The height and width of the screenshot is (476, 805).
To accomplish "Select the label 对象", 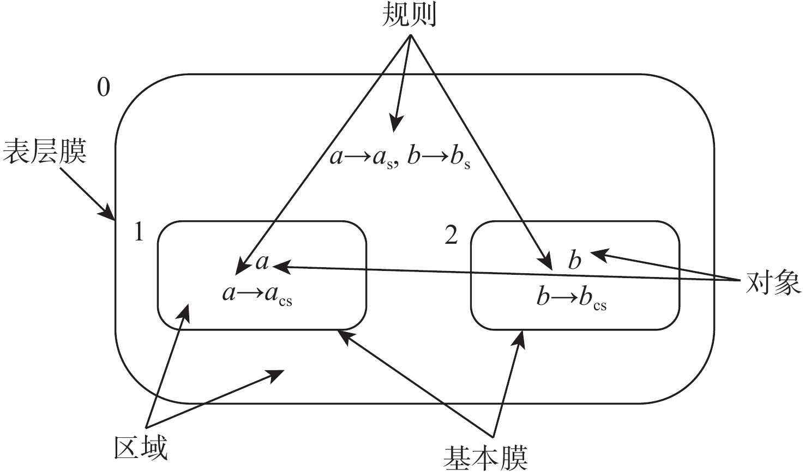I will tap(772, 282).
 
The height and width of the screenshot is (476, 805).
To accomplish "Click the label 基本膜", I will tap(485, 459).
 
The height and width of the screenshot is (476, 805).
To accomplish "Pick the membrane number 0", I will tap(103, 87).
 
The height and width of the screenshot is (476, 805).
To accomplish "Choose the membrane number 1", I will tap(139, 233).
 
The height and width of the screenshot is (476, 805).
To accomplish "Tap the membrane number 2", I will tap(451, 236).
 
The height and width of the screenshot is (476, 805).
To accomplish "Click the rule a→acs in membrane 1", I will tap(257, 295).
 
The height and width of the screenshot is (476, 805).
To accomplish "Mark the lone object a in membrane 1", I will tap(262, 262).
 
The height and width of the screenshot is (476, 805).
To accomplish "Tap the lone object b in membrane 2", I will tap(574, 261).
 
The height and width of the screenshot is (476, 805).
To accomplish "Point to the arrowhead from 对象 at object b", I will tap(596, 254).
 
